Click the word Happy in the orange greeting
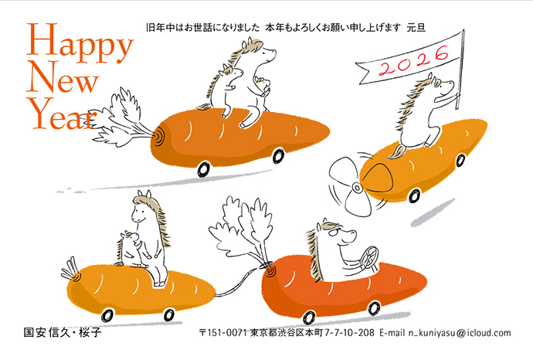tap(80, 43)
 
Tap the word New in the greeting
tap(63, 77)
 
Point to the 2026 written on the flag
tap(414, 60)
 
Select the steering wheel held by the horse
tap(368, 257)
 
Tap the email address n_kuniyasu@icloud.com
tap(460, 332)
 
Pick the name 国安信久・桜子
tap(63, 332)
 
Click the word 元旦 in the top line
tap(416, 28)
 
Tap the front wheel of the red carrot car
tap(374, 308)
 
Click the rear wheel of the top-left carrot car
tap(204, 169)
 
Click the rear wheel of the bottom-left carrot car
tap(107, 315)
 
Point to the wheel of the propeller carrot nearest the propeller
tap(414, 195)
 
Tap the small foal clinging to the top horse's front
tap(263, 87)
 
